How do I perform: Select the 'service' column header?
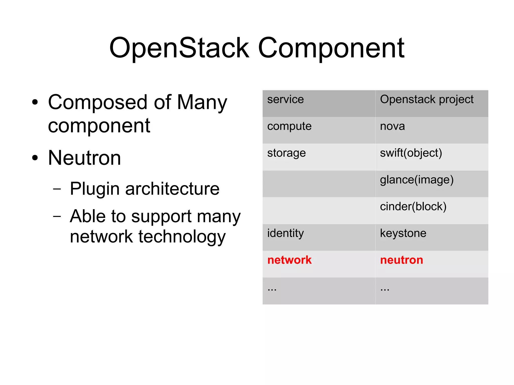pyautogui.click(x=285, y=99)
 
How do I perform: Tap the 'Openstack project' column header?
pyautogui.click(x=426, y=99)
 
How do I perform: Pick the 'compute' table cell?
pyautogui.click(x=289, y=126)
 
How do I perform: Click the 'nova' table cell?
pyautogui.click(x=392, y=126)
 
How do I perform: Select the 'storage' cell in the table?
pyautogui.click(x=286, y=153)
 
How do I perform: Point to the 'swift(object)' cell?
pyautogui.click(x=411, y=153)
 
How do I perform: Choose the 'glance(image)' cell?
pyautogui.click(x=417, y=180)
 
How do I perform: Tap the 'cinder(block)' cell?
pyautogui.click(x=413, y=206)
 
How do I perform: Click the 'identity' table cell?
pyautogui.click(x=285, y=233)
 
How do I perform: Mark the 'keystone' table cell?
pyautogui.click(x=403, y=233)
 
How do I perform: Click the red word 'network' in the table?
pyautogui.click(x=289, y=260)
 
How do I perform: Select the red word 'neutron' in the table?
pyautogui.click(x=402, y=260)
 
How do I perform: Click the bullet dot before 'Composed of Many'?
pyautogui.click(x=35, y=102)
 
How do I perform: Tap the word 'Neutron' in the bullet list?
pyautogui.click(x=84, y=158)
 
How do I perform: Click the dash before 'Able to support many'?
pyautogui.click(x=57, y=216)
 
